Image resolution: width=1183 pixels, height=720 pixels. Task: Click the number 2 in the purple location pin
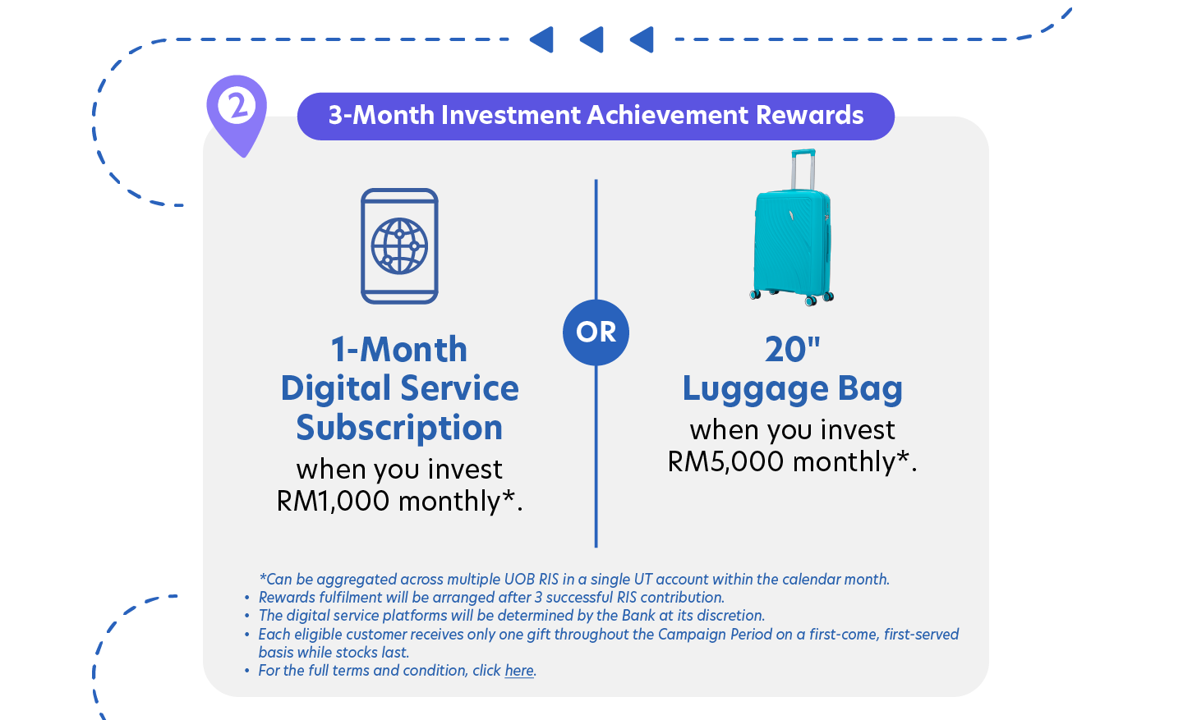pos(237,106)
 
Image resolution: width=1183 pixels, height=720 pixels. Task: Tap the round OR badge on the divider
pos(596,332)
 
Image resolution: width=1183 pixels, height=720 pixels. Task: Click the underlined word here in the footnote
pos(519,671)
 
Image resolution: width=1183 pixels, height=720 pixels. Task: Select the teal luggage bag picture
pos(792,227)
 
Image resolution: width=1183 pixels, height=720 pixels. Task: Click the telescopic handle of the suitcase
pos(803,169)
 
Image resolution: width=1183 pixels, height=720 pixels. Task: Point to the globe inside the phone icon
pos(399,246)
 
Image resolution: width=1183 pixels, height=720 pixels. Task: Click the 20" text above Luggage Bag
pos(792,350)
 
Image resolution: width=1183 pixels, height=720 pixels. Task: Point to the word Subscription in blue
pos(399,428)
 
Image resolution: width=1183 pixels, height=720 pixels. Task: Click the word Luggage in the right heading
pos(755,389)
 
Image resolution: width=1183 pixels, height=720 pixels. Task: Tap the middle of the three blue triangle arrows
pos(592,39)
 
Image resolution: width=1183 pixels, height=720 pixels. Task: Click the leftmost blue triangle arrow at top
pos(542,39)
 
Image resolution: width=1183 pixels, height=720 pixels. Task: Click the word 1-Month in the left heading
pos(399,350)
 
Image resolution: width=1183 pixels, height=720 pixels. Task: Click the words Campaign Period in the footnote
pos(715,634)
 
